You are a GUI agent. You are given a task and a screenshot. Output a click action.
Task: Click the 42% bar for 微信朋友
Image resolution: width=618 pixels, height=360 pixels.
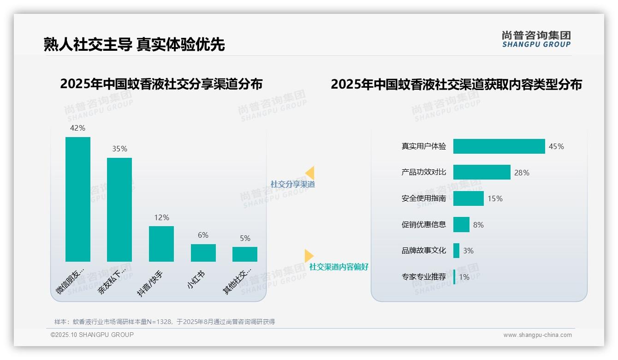coord(78,199)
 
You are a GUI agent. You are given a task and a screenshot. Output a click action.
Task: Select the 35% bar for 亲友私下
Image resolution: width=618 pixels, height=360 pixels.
coord(119,210)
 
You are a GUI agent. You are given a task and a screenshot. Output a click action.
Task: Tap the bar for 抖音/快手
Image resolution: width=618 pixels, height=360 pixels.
coord(161,244)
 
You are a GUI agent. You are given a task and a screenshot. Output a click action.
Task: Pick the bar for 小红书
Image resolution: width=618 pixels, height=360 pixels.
coord(203,253)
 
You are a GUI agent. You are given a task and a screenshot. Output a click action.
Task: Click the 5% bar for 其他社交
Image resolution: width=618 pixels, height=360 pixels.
coord(245,254)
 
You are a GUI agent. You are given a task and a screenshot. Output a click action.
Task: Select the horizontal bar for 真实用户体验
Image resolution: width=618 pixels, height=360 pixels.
coord(499,146)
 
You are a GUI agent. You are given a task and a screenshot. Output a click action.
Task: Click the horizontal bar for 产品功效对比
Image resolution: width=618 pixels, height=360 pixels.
coord(482,172)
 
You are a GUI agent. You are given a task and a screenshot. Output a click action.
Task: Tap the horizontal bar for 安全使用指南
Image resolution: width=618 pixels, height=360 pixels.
coord(469,198)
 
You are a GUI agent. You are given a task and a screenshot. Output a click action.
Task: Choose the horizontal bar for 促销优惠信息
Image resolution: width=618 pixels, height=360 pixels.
coord(461,225)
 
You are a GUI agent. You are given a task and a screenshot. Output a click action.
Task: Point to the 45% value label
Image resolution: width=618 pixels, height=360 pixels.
coord(556,147)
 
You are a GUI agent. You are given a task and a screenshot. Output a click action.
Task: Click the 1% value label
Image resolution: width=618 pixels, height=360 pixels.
coord(464,277)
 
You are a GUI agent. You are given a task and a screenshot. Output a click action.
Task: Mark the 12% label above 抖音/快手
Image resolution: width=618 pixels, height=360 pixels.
coord(161,217)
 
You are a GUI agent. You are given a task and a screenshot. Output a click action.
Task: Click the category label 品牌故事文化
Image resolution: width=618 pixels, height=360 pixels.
coord(424,251)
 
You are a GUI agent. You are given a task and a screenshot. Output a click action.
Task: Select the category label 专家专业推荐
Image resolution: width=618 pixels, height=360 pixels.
coord(424,277)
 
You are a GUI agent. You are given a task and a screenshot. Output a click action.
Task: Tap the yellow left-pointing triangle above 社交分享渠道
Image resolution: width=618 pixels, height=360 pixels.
coord(310,173)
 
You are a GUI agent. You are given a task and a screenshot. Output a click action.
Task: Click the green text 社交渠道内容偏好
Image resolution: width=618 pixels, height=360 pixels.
coord(339,267)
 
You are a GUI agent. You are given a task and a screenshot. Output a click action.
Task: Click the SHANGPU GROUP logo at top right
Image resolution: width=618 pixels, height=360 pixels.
coord(536,39)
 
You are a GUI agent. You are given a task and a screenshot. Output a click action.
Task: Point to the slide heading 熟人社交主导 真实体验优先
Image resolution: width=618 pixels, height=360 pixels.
coord(134,45)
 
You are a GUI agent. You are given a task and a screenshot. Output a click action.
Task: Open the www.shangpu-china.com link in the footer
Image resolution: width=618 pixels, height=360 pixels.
coord(537,335)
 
